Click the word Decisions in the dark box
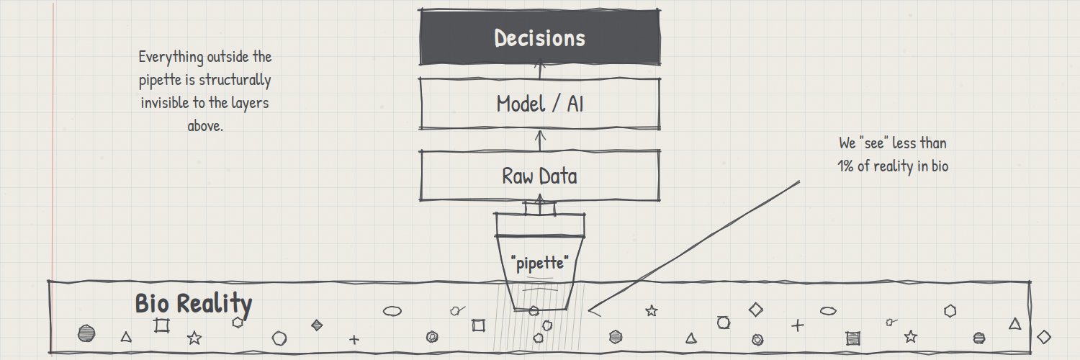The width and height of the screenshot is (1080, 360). point(539,38)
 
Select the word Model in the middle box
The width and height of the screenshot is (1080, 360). point(521,104)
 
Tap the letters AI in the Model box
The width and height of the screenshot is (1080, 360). point(575,104)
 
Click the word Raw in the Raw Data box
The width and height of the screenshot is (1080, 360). point(517,176)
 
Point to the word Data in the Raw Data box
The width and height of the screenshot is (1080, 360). point(558,176)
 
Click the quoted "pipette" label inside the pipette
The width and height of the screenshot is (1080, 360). point(539,263)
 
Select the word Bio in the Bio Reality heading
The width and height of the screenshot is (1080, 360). point(152,303)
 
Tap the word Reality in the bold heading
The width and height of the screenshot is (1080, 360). point(215,305)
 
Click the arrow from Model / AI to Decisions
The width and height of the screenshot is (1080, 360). point(540,70)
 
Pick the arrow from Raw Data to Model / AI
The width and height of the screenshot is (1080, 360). point(540,140)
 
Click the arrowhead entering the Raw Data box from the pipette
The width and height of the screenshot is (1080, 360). point(540,197)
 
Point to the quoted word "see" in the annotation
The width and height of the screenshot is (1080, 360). point(874,143)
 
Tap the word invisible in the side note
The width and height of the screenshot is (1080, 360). point(165,103)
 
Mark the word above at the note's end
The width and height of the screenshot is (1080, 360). point(205,126)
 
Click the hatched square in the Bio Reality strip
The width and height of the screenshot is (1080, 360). point(853,338)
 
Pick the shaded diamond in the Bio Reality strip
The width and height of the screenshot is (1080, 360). point(317,325)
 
